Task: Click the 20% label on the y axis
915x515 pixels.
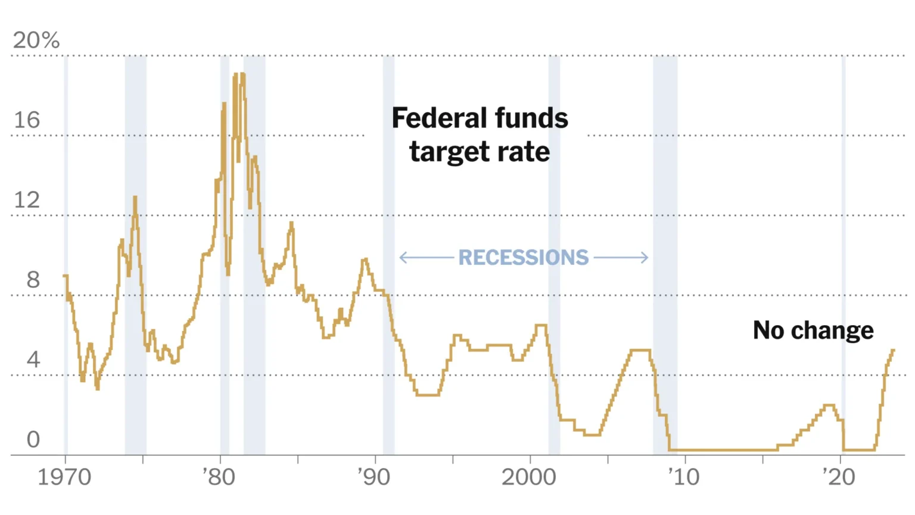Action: [x=36, y=40]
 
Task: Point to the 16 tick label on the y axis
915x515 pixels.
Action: [x=27, y=120]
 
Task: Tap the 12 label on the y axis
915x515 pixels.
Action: [x=27, y=200]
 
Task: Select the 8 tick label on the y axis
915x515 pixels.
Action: [x=33, y=280]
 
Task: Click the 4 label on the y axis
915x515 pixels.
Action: [x=33, y=360]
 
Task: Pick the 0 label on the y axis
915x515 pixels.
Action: [x=33, y=439]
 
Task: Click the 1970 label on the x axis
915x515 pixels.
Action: [x=64, y=477]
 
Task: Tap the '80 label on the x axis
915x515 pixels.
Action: [x=219, y=477]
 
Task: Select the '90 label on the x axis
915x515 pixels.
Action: [x=374, y=477]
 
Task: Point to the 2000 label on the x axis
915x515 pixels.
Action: [x=528, y=477]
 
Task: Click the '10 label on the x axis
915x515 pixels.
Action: [x=683, y=477]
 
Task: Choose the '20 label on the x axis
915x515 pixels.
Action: [x=838, y=477]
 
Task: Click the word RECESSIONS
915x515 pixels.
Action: [x=523, y=257]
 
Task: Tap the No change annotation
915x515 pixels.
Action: [x=813, y=330]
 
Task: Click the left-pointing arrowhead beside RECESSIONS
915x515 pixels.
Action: [x=402, y=257]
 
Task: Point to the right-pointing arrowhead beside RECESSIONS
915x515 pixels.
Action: [x=646, y=257]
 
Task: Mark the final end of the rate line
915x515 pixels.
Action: [x=894, y=350]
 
